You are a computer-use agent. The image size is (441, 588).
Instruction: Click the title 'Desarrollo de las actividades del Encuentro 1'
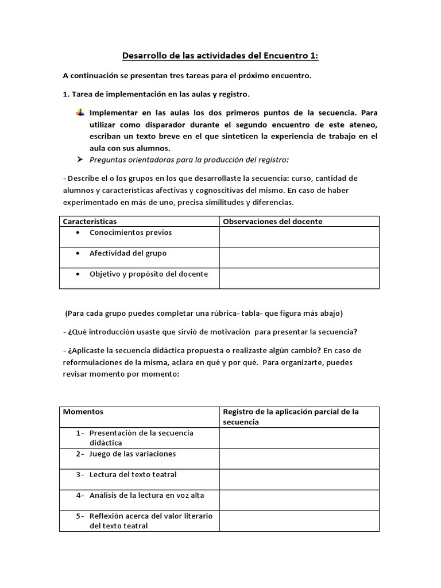point(220,56)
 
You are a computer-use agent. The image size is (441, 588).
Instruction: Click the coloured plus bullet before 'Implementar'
point(80,113)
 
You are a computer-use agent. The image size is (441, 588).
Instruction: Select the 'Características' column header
point(90,221)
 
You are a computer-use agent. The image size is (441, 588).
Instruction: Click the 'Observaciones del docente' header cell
point(272,221)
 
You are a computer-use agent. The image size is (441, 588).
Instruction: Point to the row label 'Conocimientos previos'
point(130,233)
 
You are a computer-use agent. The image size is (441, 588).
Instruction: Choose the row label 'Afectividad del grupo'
point(127,253)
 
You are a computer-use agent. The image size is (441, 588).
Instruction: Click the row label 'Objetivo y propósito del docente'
point(148,274)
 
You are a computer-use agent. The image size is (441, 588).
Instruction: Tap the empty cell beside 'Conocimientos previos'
point(299,237)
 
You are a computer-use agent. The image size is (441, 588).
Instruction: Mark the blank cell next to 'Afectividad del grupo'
point(299,257)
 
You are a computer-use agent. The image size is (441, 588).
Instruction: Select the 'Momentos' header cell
point(83,412)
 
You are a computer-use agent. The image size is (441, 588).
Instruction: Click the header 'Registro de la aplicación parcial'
point(291,412)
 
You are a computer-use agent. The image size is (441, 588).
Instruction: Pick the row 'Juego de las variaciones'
point(132,454)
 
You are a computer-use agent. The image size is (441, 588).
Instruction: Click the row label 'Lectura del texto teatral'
point(133,474)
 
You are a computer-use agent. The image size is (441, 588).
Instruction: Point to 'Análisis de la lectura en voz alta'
point(146,495)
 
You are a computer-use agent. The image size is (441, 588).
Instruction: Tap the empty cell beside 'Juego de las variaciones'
point(299,458)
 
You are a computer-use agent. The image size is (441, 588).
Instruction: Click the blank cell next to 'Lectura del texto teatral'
point(299,479)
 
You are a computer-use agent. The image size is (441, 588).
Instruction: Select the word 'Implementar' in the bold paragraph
point(112,113)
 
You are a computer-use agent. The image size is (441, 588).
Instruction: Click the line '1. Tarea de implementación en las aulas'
point(156,94)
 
